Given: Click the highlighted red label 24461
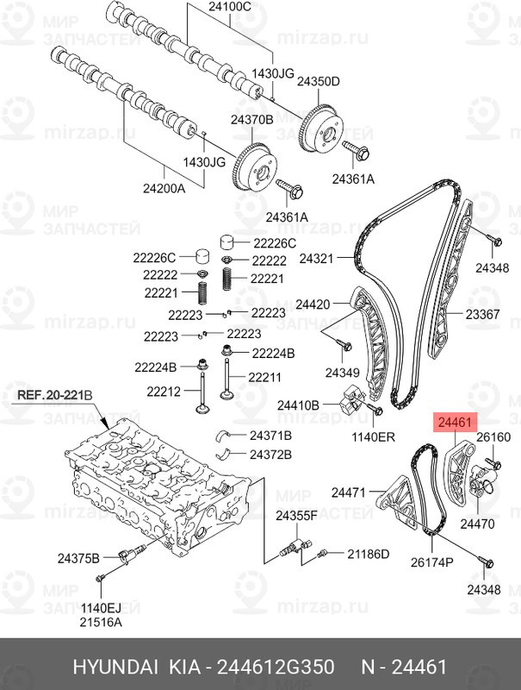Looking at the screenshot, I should click(454, 423).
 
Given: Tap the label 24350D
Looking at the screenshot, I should click(319, 81).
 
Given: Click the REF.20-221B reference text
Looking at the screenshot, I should click(54, 396).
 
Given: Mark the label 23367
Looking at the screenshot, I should click(483, 315).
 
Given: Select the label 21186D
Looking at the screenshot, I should click(369, 552).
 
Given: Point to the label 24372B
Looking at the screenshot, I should click(270, 454).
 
